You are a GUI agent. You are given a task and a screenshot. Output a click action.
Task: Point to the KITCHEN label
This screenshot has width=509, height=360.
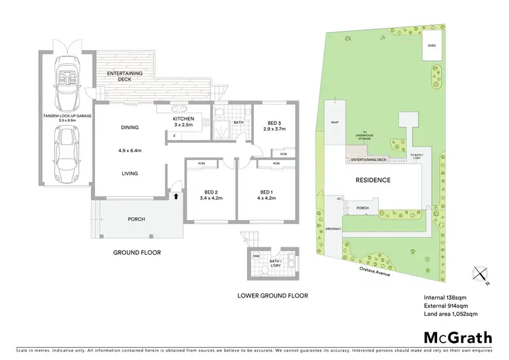(183, 119)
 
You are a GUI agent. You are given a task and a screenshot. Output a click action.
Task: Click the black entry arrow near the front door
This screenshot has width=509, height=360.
(178, 197)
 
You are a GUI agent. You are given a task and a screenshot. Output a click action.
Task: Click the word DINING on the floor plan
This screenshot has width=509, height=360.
(129, 126)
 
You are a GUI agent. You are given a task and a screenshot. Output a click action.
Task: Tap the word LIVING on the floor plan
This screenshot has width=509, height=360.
(129, 173)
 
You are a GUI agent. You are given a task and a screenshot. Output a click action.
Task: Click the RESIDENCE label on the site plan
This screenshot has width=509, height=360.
(373, 180)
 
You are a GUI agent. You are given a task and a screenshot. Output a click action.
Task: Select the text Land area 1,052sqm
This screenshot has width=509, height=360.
(451, 314)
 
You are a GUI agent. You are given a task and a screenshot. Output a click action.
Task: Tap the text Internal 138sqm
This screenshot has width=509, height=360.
(446, 298)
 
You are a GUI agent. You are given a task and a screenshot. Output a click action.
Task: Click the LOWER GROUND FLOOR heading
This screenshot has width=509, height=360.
(272, 295)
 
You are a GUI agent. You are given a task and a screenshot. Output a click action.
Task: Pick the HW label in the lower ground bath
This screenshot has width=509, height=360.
(257, 256)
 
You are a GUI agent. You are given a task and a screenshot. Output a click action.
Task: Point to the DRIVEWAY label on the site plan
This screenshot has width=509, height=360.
(333, 230)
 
